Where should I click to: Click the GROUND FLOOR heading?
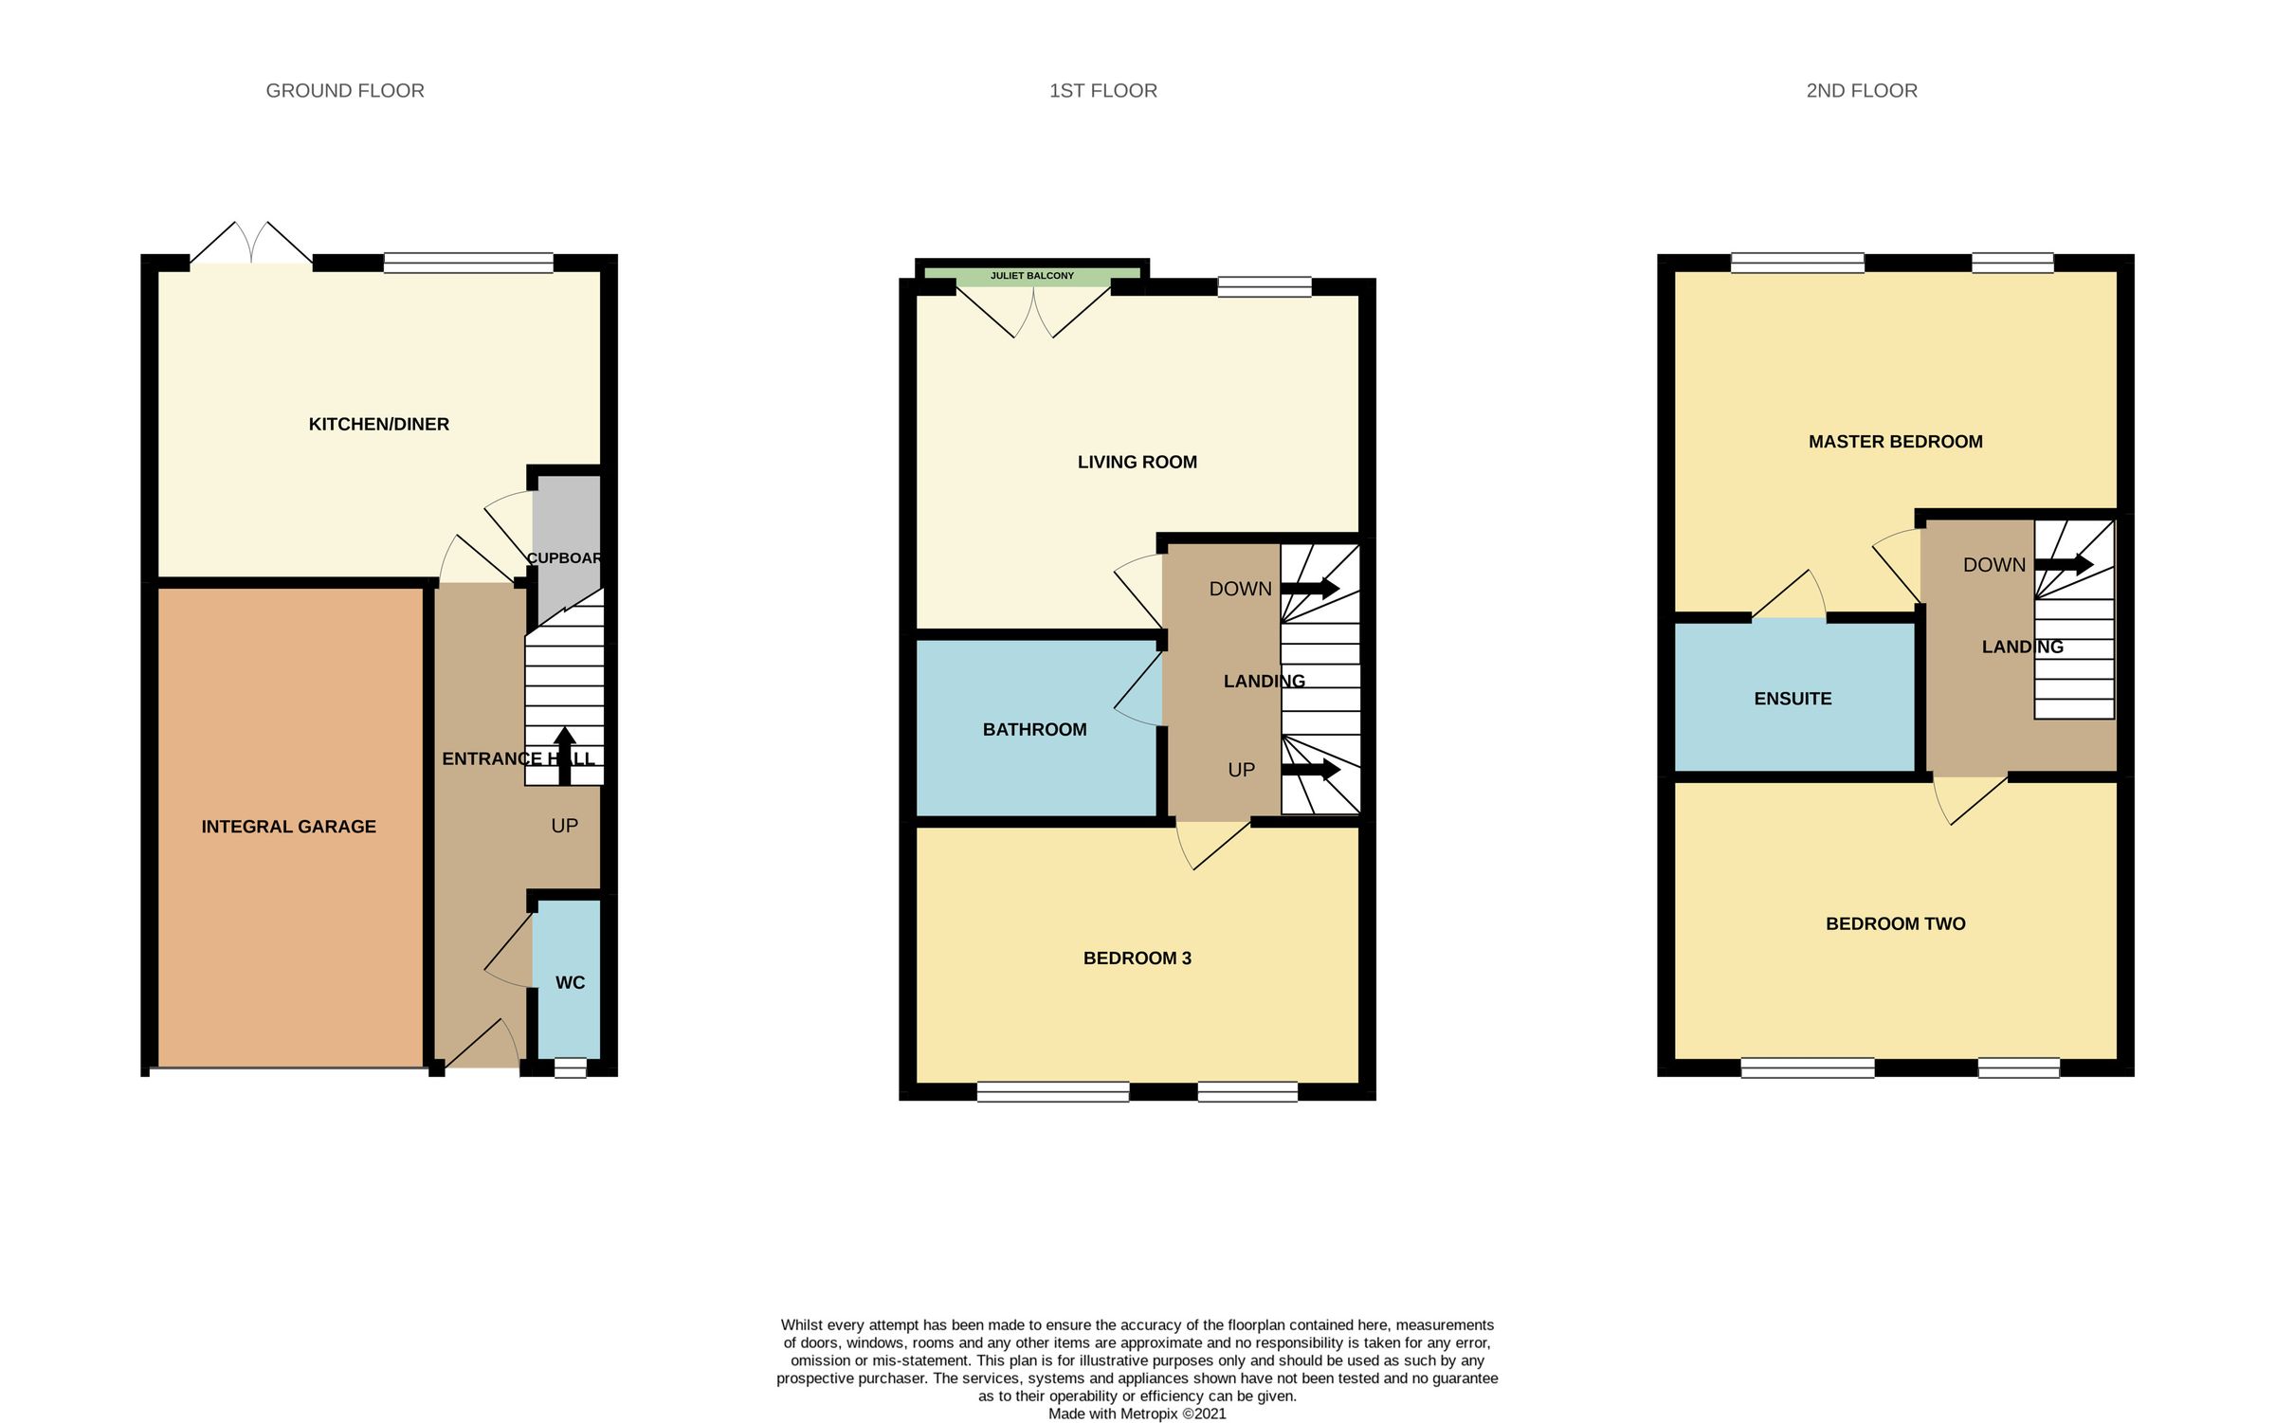[x=345, y=91]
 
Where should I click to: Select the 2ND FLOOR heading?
[x=1861, y=91]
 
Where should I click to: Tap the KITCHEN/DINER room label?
[x=378, y=425]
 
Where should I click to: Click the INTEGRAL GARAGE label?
[x=288, y=827]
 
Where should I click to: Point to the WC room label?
[x=570, y=983]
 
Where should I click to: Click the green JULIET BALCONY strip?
[x=1031, y=276]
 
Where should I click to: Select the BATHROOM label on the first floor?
[x=1034, y=730]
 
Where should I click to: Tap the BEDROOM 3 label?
[x=1137, y=958]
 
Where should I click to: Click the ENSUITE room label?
[x=1792, y=699]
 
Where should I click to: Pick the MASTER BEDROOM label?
[x=1895, y=442]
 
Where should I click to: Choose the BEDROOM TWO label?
[x=1895, y=924]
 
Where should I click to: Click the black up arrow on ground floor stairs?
[x=565, y=755]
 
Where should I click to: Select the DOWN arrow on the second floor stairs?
[x=2064, y=565]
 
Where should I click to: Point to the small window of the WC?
[x=570, y=1067]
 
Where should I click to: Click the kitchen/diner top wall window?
[x=468, y=263]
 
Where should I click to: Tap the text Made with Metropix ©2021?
[x=1137, y=1414]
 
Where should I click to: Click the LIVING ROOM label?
[x=1137, y=463]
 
